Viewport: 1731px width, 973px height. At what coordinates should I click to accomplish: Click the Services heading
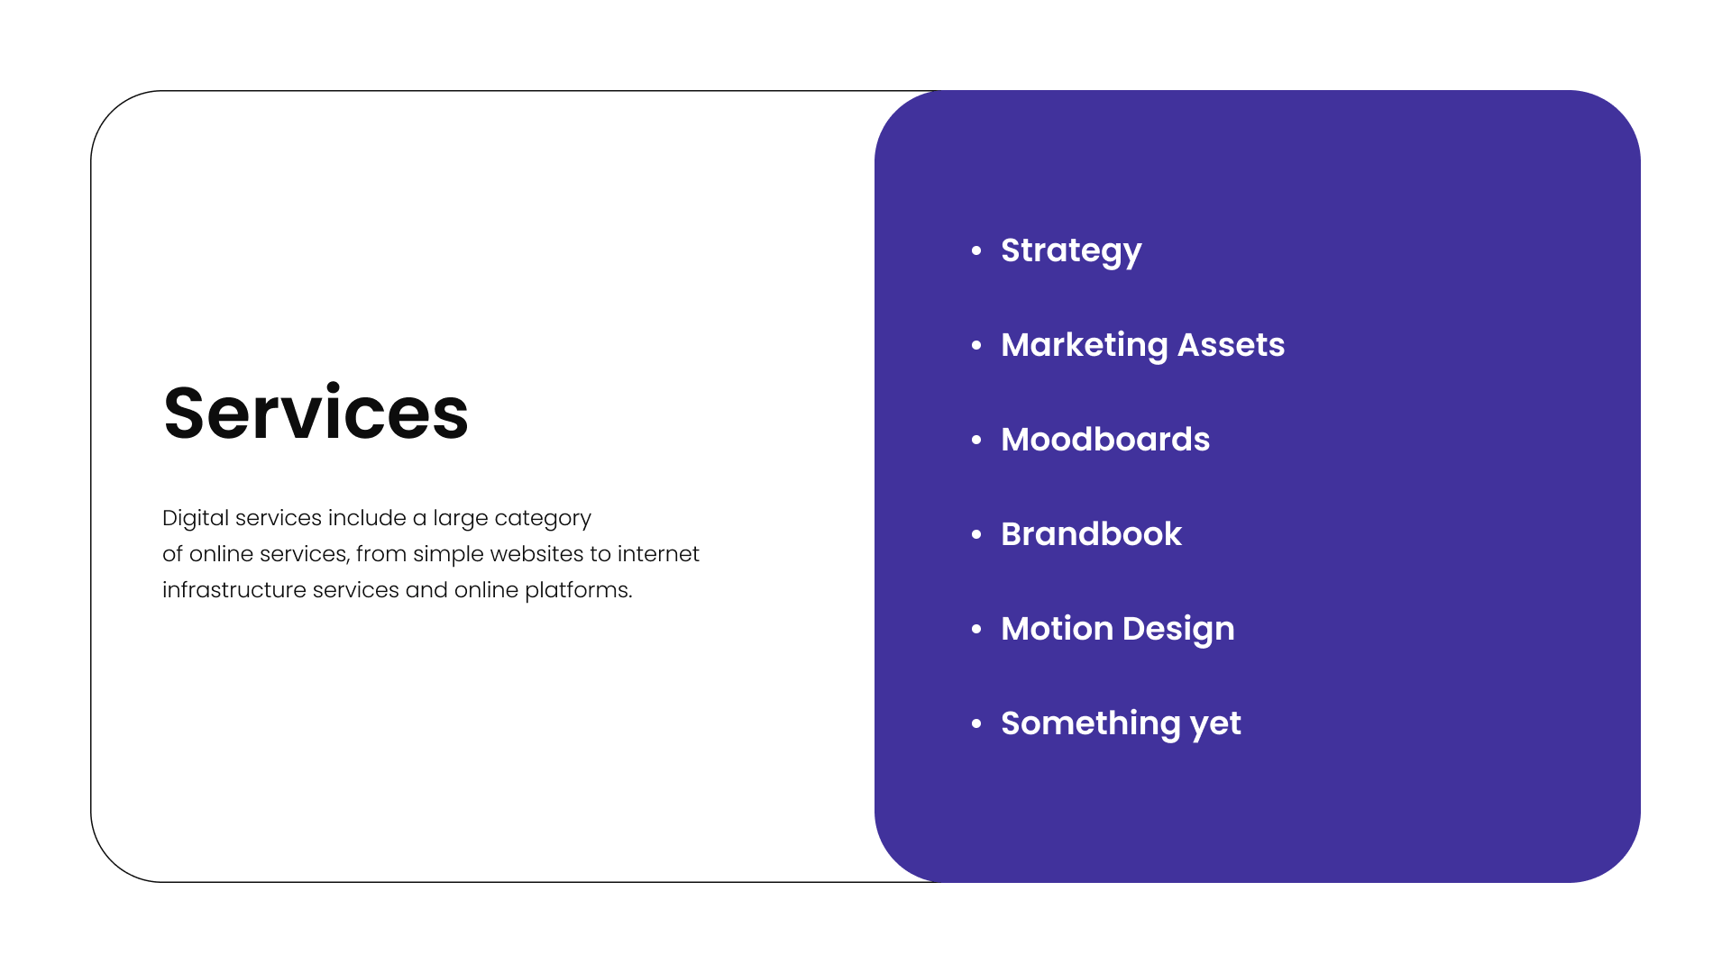(316, 414)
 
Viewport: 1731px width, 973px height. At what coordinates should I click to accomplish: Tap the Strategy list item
(1071, 250)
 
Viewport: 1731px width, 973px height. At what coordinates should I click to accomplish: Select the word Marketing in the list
(1084, 345)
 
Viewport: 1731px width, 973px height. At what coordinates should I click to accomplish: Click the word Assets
(1231, 345)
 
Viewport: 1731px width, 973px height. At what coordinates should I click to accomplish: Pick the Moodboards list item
(1105, 440)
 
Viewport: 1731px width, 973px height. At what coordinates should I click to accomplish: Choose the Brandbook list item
(1091, 534)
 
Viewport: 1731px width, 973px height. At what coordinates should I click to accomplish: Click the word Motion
(1057, 629)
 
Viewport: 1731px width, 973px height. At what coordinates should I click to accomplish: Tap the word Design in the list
(1178, 629)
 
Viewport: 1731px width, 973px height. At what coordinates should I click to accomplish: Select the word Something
(1090, 723)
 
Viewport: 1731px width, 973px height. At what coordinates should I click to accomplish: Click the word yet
(1215, 724)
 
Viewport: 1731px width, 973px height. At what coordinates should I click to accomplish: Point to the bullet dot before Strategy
(976, 250)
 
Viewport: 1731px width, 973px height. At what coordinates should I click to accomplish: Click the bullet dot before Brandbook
(976, 534)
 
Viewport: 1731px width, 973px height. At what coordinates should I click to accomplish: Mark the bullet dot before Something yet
(976, 723)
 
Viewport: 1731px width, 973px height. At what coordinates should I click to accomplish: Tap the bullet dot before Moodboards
(976, 440)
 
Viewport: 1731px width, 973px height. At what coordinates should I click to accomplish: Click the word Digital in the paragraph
(196, 518)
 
